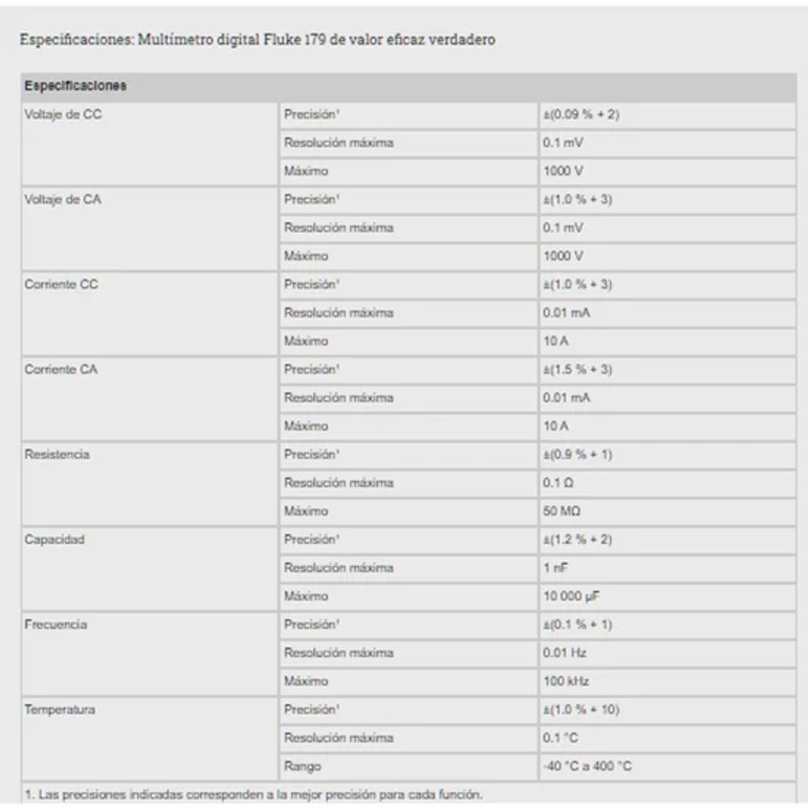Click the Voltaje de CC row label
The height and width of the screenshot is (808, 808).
click(63, 114)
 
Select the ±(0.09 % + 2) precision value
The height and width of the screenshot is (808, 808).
click(581, 114)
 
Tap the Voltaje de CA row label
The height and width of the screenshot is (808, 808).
click(63, 199)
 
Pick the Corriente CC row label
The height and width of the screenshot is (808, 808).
click(61, 284)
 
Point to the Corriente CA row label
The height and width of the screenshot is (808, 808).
click(61, 369)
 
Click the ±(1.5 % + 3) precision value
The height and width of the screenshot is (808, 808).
click(578, 369)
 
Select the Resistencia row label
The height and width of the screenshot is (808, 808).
click(57, 454)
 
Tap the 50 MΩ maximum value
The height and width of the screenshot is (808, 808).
click(562, 511)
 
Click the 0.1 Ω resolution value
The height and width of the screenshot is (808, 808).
click(558, 483)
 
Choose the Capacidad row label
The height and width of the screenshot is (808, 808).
click(55, 539)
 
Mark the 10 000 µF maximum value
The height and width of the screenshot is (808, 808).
click(571, 596)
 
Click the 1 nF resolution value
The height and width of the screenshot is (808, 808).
click(555, 568)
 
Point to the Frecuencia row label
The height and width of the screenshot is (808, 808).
click(56, 624)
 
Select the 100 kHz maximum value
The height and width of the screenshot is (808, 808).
click(566, 681)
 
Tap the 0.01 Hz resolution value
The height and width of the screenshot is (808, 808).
click(564, 652)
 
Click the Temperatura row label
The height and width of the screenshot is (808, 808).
click(60, 709)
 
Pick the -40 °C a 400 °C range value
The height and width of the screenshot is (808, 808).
click(587, 766)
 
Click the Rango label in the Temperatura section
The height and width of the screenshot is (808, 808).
click(302, 766)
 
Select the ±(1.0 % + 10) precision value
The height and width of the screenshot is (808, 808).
click(581, 709)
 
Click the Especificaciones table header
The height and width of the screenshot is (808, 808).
click(75, 86)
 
